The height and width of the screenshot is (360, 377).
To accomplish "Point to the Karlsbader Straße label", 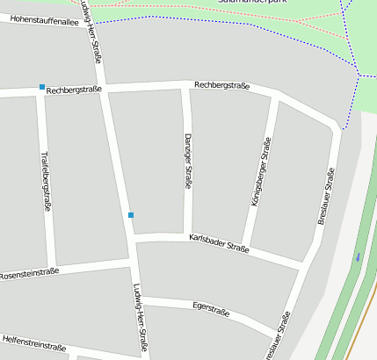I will pyautogui.click(x=219, y=243).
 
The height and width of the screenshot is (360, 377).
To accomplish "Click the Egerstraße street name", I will pyautogui.click(x=211, y=309).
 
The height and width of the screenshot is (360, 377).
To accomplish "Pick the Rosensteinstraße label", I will pyautogui.click(x=29, y=273).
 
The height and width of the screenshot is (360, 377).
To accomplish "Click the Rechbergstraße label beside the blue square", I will pyautogui.click(x=74, y=90).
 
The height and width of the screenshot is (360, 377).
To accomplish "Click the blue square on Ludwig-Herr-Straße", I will pyautogui.click(x=131, y=214).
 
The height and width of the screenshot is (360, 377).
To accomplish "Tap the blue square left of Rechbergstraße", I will pyautogui.click(x=41, y=86).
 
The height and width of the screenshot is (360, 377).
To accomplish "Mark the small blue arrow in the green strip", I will pyautogui.click(x=358, y=256).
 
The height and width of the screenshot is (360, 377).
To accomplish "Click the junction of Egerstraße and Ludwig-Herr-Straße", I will pyautogui.click(x=139, y=297).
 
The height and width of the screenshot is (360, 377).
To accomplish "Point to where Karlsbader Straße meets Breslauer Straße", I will pyautogui.click(x=304, y=265).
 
